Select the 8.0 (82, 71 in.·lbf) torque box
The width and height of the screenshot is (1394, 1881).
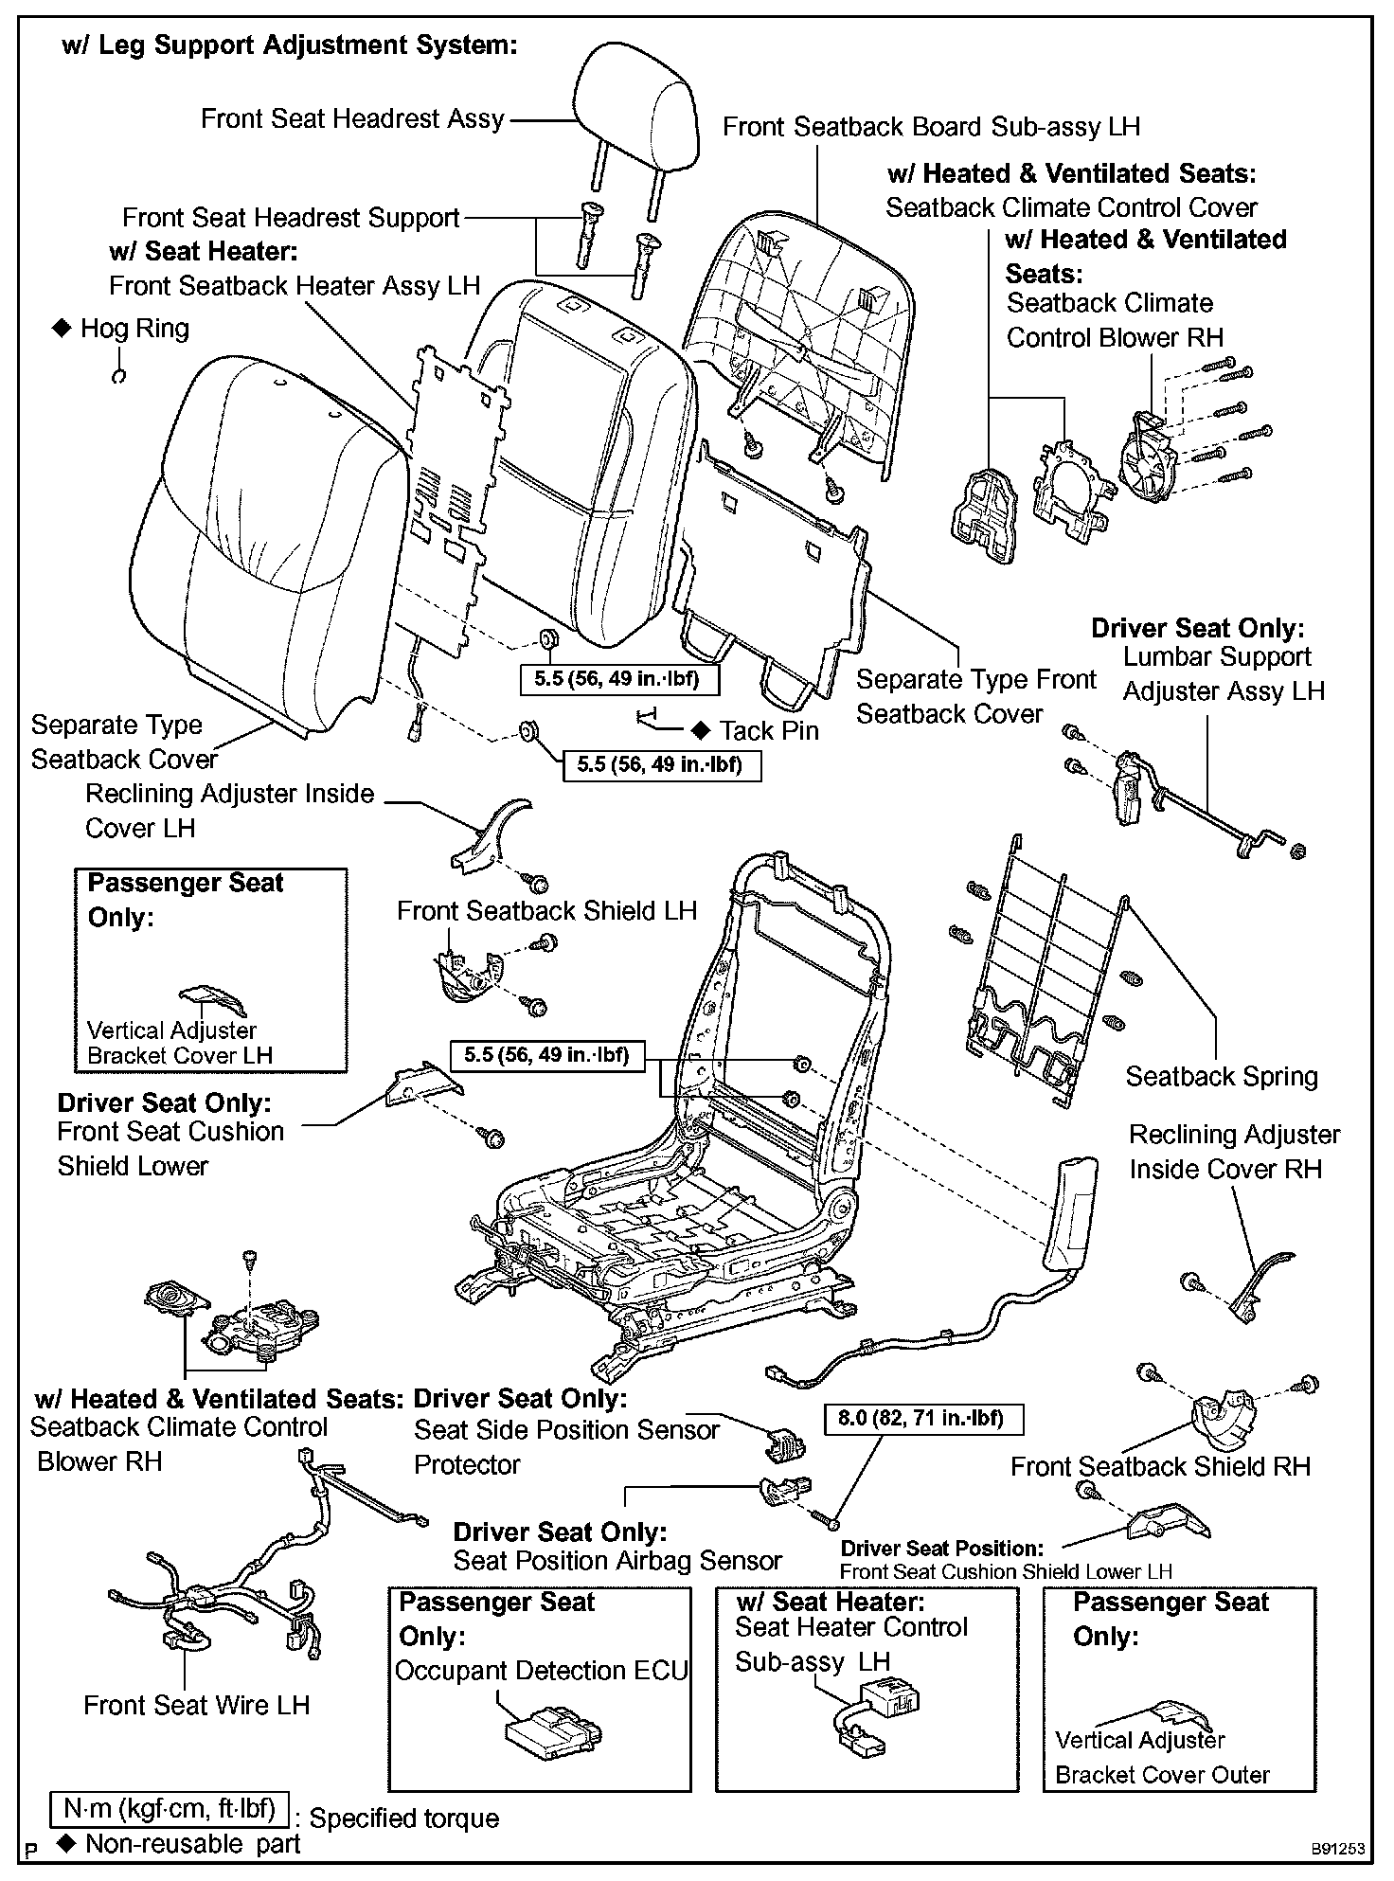pyautogui.click(x=920, y=1418)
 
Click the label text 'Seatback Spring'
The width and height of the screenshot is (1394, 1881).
pyautogui.click(x=1221, y=1076)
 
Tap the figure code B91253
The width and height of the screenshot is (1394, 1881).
pyautogui.click(x=1338, y=1848)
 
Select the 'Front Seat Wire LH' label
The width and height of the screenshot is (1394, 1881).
pyautogui.click(x=196, y=1705)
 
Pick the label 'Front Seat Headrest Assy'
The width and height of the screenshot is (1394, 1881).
pyautogui.click(x=352, y=119)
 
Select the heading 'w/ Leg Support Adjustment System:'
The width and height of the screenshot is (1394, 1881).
pyautogui.click(x=289, y=45)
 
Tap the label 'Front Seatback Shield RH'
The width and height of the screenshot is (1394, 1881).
pyautogui.click(x=1160, y=1467)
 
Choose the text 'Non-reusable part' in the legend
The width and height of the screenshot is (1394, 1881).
pyautogui.click(x=192, y=1843)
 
